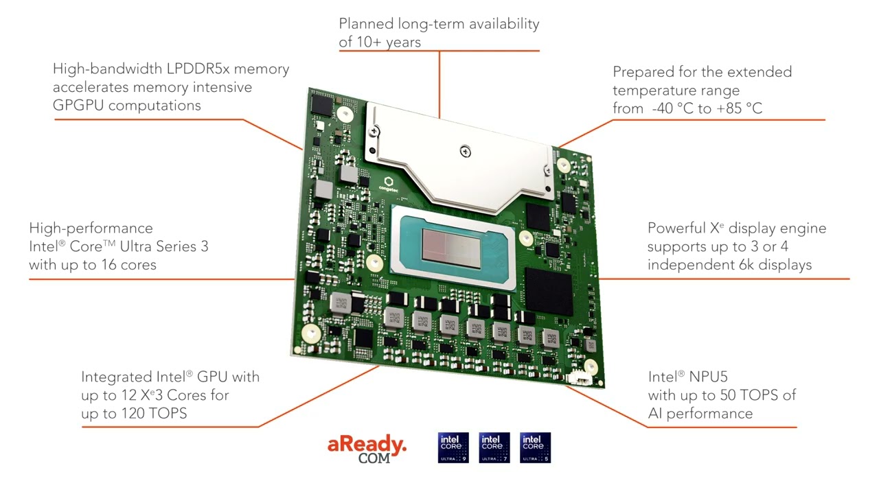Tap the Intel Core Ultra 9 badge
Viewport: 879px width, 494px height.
pos(453,447)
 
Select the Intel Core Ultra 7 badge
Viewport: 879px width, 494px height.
pos(494,447)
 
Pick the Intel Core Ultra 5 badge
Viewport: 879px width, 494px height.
pos(536,447)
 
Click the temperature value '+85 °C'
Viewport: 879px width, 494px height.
pos(739,108)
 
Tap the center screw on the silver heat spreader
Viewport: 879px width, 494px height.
pos(465,150)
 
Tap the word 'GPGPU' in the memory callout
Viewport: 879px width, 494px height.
pos(78,106)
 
